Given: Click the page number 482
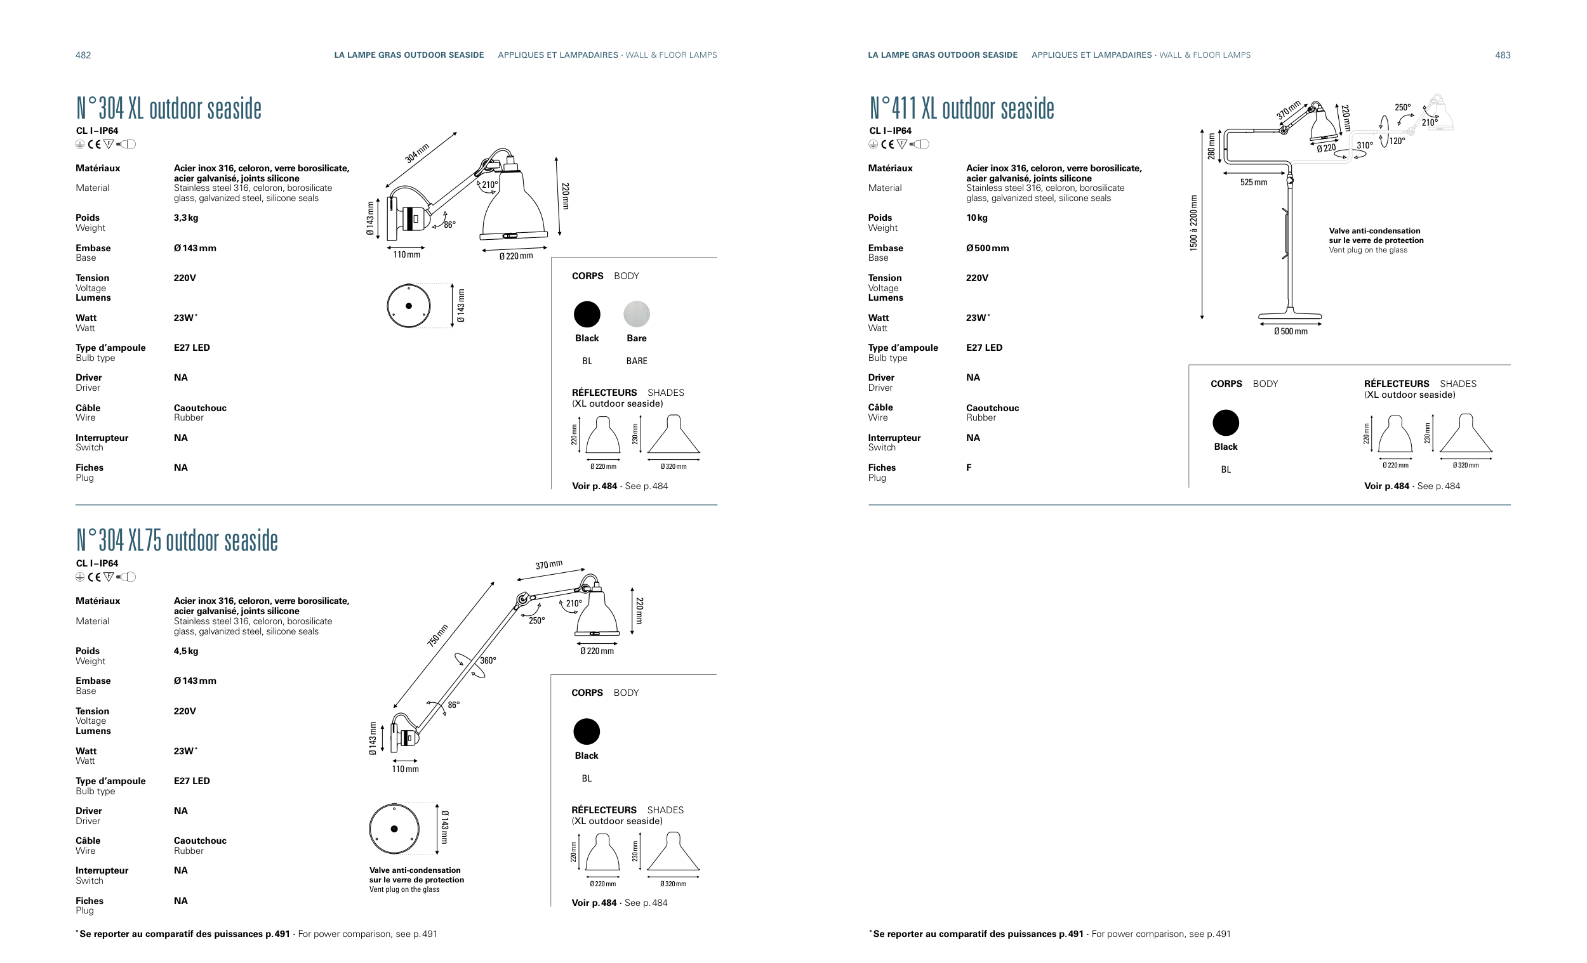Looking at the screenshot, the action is pos(83,55).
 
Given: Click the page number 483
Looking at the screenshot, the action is pos(1503,55).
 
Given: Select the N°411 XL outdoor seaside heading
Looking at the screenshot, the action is pos(962,108).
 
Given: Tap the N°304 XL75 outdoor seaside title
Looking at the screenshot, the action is pos(177,540).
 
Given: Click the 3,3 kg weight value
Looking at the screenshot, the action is pos(186,218).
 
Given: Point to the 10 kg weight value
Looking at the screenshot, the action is pos(977,218).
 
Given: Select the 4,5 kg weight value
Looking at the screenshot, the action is pos(186,651).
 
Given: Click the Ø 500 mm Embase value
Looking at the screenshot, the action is pos(987,248).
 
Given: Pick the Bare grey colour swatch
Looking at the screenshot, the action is pos(636,314).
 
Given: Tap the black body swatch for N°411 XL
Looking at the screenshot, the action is pos(1226,423).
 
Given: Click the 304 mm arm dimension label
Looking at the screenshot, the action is pos(416,154).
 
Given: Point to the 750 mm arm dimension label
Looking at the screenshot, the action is pos(437,636).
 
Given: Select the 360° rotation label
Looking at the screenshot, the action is pos(488,660).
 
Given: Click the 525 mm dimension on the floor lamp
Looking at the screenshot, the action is pos(1253,182).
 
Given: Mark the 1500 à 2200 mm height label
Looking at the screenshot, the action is pos(1193,223).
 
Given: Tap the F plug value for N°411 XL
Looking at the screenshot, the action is pos(969,468).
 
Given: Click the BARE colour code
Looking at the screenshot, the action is pos(636,361).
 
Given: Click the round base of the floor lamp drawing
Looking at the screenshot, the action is pos(1289,316).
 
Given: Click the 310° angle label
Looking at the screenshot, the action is pos(1364,145).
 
